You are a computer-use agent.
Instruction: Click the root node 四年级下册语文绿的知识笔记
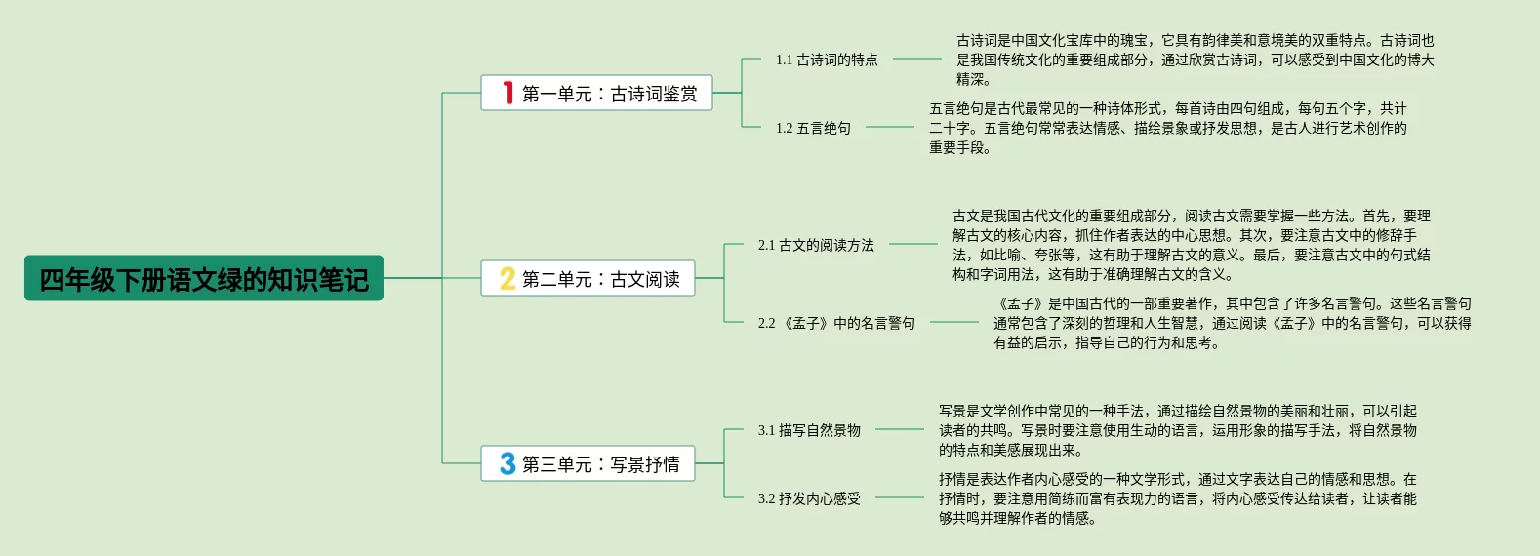pos(203,279)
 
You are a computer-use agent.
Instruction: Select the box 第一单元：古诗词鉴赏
pos(596,94)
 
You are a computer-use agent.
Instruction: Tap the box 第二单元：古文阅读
pos(588,279)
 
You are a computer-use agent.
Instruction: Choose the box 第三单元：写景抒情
pos(588,464)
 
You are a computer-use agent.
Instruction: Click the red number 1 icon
pos(507,93)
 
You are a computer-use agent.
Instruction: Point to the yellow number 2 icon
pos(507,279)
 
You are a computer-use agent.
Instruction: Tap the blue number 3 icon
pos(507,463)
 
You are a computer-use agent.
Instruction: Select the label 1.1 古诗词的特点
pos(827,60)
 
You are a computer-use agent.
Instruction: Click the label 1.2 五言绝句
pos(813,128)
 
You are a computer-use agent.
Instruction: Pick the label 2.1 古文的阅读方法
pos(816,245)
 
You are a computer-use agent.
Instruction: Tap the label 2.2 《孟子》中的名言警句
pos(836,323)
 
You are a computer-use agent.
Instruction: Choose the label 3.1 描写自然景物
pos(809,430)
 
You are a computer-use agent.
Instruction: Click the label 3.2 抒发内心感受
pos(809,498)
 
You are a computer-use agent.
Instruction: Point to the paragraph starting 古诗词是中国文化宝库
pos(1195,60)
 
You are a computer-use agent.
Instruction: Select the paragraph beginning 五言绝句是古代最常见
pos(1167,128)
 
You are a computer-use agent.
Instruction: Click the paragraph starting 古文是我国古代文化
pos(1191,245)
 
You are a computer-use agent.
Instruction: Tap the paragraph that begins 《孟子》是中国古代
pos(1232,323)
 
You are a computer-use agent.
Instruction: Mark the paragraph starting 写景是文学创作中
pos(1177,430)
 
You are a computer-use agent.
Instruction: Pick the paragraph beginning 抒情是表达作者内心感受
pos(1177,498)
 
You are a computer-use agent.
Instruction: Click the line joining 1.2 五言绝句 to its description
pos(890,127)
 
